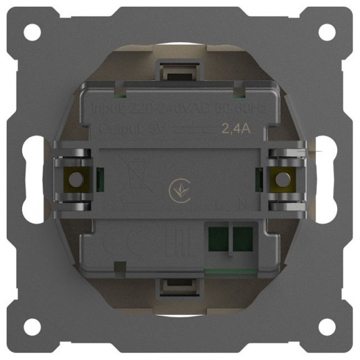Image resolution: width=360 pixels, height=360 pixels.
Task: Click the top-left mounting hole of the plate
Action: pyautogui.click(x=31, y=32)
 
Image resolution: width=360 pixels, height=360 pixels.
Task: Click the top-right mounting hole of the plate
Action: pyautogui.click(x=328, y=32)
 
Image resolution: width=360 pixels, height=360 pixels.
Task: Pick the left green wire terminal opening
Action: pyautogui.click(x=217, y=240)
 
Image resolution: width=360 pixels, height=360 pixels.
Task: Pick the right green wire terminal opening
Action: pyautogui.click(x=242, y=240)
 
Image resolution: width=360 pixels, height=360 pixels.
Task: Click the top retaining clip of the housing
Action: pyautogui.click(x=179, y=70)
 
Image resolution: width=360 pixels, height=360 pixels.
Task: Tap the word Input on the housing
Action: pyautogui.click(x=107, y=109)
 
